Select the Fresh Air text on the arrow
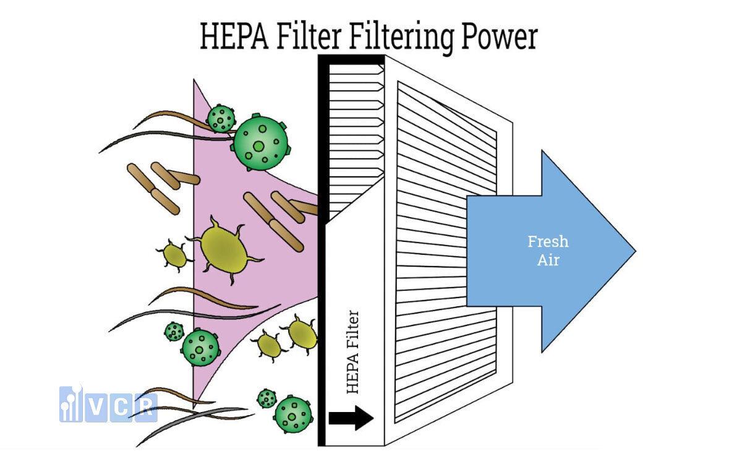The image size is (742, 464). click(548, 250)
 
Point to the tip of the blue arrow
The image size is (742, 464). click(633, 251)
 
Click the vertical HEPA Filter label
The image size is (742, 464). click(352, 351)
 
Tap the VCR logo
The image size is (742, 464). click(108, 404)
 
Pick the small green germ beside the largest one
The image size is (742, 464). click(221, 118)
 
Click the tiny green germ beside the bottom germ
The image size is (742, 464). click(267, 398)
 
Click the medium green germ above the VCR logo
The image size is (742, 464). click(200, 348)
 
